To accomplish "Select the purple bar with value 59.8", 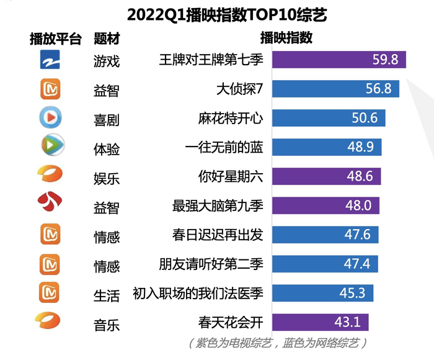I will (x=339, y=60).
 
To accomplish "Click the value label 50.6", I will (x=365, y=118).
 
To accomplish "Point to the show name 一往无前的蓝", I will (x=224, y=147).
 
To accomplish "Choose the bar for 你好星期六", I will (x=326, y=176).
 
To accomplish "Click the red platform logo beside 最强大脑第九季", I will (x=49, y=202).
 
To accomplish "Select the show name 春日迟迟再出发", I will (x=218, y=235).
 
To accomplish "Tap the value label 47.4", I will (x=357, y=264).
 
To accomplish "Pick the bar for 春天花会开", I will (x=320, y=322).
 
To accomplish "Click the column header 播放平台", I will (x=56, y=38).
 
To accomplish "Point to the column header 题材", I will (x=106, y=38).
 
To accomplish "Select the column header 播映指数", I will (x=286, y=37).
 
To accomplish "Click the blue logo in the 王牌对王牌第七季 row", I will (x=49, y=60).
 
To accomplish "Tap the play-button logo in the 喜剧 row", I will (x=49, y=117).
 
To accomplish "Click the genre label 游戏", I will (x=106, y=61).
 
